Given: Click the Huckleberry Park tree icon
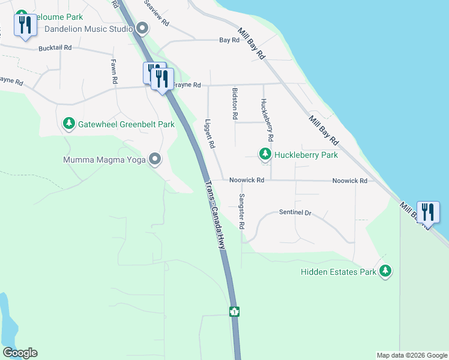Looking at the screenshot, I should (x=265, y=155).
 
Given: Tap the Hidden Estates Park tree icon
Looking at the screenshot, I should (x=385, y=272).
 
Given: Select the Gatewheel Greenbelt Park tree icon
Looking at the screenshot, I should (x=69, y=124).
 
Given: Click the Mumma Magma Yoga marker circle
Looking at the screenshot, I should (x=155, y=160).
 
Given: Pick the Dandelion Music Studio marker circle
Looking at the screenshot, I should (x=142, y=28).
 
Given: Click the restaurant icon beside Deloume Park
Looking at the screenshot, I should (x=25, y=25).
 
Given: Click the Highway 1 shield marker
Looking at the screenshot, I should (x=234, y=311).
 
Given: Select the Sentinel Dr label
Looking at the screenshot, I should (x=295, y=212).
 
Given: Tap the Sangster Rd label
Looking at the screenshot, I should (x=242, y=212).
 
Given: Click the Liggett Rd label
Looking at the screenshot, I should (x=211, y=133).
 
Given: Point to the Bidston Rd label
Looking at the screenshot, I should (x=235, y=104).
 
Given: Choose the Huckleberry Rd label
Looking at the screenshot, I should (x=268, y=120).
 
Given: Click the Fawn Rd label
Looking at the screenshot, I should (x=113, y=71).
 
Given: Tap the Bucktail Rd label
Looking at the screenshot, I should (x=55, y=48).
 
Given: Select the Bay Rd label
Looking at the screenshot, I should (x=229, y=40).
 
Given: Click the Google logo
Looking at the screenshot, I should (x=20, y=353).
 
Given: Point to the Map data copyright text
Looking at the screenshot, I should (x=411, y=355).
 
